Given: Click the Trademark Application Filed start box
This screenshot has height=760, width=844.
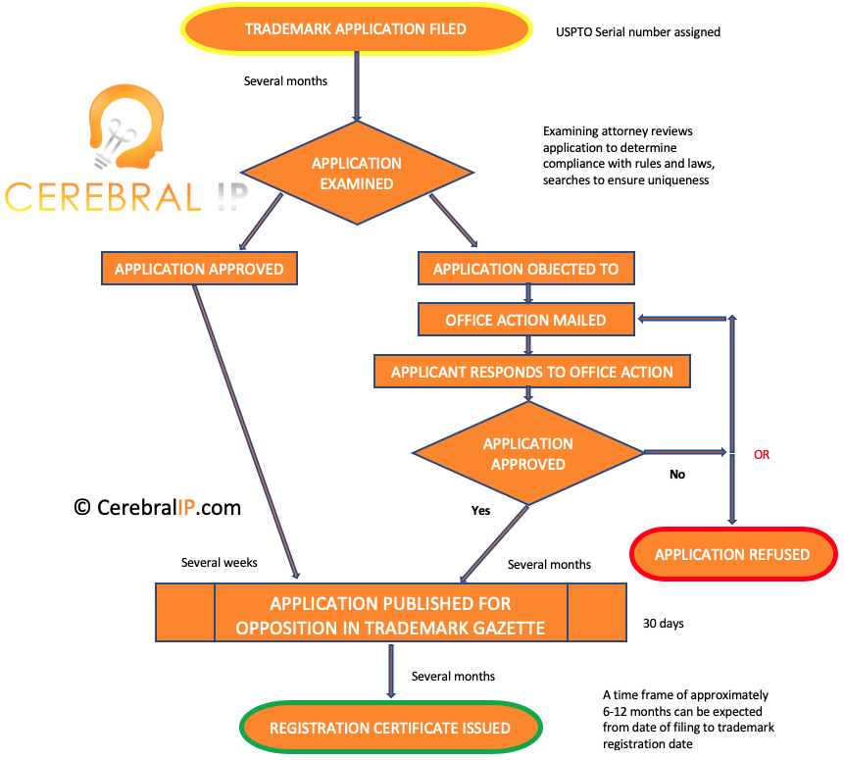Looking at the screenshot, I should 355,29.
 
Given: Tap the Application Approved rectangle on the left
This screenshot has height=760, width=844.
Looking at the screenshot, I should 199,269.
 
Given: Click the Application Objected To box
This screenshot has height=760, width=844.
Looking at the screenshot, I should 525,269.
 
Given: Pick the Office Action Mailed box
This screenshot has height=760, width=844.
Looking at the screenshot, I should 525,320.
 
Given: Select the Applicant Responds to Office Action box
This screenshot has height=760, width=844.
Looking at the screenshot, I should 531,372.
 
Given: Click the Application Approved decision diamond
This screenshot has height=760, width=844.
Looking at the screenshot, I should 527,453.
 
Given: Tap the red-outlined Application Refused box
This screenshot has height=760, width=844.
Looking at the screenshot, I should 732,554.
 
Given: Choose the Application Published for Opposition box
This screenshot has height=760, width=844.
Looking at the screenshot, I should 390,615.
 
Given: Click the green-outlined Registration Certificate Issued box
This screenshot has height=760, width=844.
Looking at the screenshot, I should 390,728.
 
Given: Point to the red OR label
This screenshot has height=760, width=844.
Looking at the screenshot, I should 762,455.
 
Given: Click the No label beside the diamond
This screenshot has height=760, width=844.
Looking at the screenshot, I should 676,475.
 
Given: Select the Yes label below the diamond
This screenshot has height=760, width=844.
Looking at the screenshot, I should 480,510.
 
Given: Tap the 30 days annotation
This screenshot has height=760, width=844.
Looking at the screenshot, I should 664,623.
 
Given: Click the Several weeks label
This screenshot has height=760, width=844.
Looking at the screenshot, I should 220,563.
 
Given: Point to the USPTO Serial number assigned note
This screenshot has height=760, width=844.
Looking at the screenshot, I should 638,32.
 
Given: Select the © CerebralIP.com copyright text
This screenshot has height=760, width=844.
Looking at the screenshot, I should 157,507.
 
